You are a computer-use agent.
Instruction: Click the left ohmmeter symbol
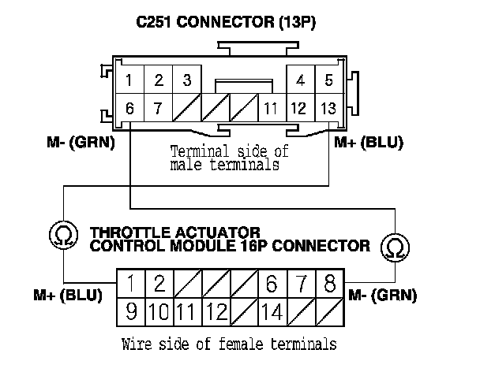click(61, 233)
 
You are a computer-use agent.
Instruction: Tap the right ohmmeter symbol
click(392, 247)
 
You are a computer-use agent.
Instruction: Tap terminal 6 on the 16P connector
click(273, 284)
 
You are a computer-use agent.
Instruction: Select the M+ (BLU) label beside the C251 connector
click(369, 143)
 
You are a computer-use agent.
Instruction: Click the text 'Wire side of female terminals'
click(230, 344)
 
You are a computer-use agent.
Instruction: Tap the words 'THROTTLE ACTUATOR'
click(176, 233)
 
